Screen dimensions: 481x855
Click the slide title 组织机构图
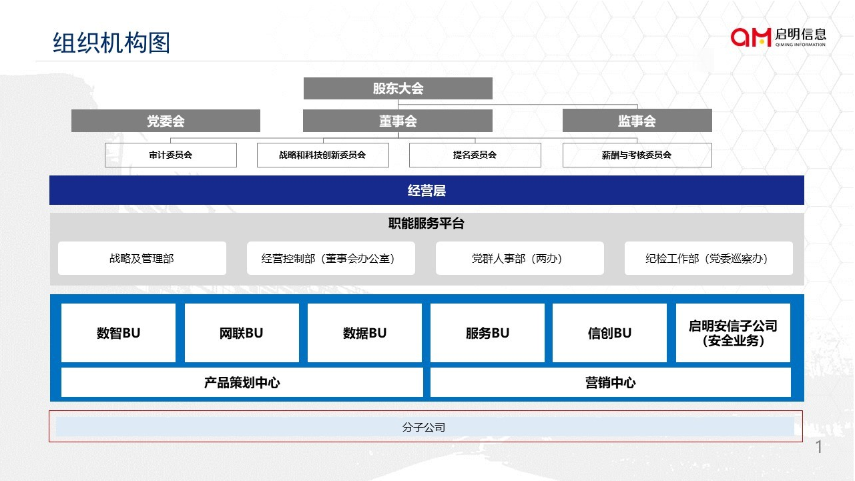point(111,43)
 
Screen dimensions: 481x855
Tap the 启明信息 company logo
point(778,37)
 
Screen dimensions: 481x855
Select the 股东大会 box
point(398,89)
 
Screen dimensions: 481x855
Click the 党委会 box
point(166,121)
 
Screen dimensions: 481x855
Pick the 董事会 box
point(398,121)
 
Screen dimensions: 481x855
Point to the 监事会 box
point(637,121)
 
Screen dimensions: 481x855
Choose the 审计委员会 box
point(171,155)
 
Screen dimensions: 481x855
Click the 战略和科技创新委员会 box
point(322,155)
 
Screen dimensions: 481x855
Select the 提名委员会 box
point(475,155)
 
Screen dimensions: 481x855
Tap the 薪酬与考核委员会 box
point(637,155)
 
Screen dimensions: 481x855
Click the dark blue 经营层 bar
point(426,191)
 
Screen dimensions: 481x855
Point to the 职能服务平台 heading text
point(426,224)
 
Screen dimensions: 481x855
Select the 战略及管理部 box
point(142,258)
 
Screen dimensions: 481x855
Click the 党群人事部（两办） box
point(519,258)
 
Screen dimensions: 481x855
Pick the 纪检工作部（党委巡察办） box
point(708,258)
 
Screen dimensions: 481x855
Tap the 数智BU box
point(118,333)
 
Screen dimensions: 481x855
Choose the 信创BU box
point(609,333)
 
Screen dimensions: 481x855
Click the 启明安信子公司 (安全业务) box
point(733,333)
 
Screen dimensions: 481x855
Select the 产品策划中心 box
point(242,383)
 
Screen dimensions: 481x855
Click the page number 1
point(819,447)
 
